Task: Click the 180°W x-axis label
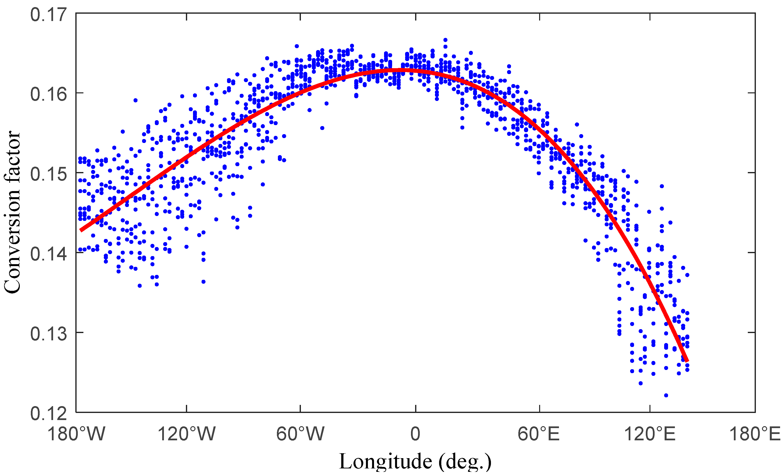click(76, 434)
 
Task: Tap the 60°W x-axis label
click(300, 434)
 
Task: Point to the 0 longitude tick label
click(415, 434)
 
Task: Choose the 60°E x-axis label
click(539, 434)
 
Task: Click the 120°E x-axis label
click(650, 434)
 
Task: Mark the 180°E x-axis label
click(755, 434)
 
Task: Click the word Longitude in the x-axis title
click(385, 462)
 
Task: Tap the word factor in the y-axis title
click(12, 157)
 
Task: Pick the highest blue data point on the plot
click(445, 40)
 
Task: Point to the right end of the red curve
click(687, 361)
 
